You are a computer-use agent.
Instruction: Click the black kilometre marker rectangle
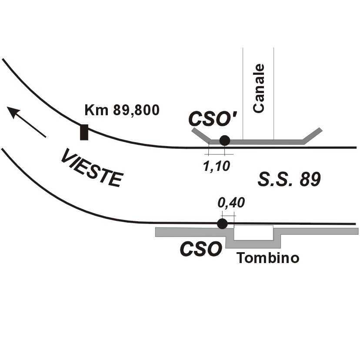coord(84,132)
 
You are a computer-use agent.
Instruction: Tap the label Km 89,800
coord(122,110)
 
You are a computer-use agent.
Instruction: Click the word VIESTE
coord(92,167)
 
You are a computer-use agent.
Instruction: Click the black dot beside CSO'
coord(224,140)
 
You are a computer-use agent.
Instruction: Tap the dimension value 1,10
coord(217,166)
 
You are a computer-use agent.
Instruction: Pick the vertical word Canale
coord(259,88)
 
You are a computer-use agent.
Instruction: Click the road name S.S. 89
coord(289,179)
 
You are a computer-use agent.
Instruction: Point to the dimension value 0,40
coord(231,203)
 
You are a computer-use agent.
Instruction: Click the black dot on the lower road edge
coord(222,223)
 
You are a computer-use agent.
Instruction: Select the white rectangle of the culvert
coord(254,233)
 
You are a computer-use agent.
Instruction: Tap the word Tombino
coord(268,258)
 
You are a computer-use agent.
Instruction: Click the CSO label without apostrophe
coord(201,249)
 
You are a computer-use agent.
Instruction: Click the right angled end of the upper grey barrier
coord(321,129)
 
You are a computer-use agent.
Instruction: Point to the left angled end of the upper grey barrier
coord(193,130)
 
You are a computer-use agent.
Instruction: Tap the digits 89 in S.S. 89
coord(310,179)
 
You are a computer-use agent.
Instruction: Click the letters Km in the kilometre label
coord(97,110)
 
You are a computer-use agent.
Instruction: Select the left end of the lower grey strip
coord(156,232)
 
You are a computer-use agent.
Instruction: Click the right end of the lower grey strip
coord(358,231)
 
